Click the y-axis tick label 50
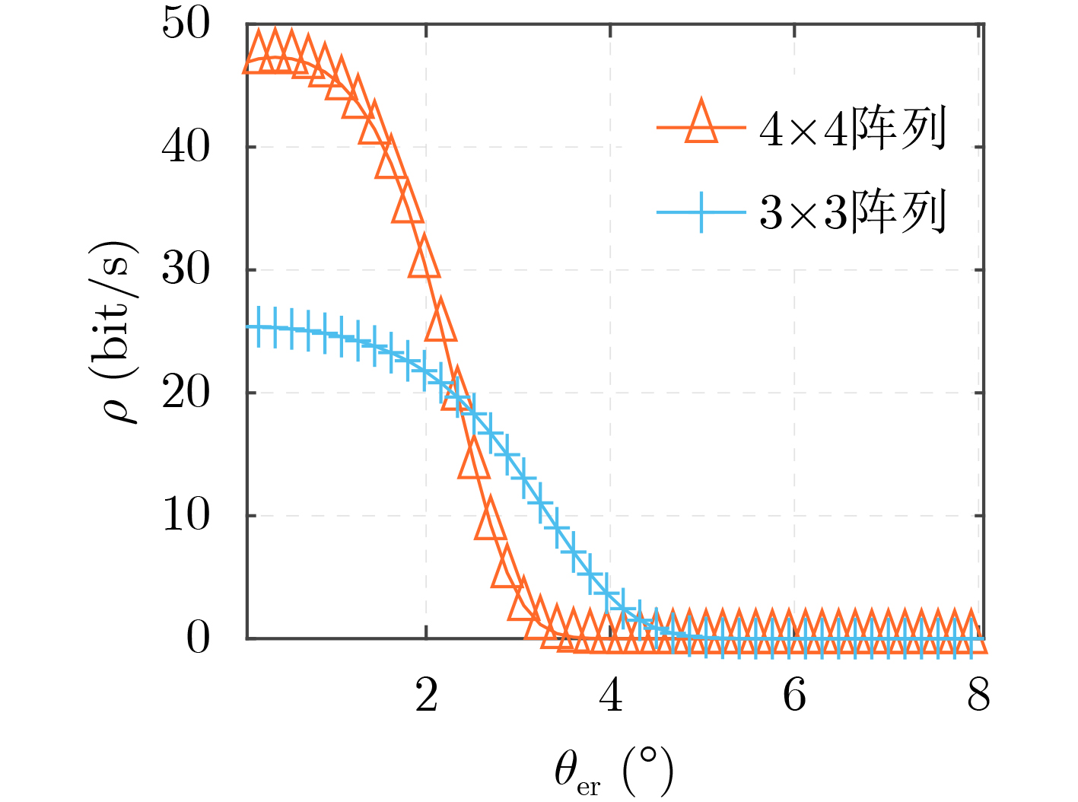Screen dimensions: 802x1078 [x=185, y=24]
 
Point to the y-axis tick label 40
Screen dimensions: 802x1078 [x=185, y=147]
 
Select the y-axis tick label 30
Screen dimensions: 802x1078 [x=185, y=270]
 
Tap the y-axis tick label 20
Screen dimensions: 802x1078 [x=185, y=393]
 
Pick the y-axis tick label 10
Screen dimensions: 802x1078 [x=185, y=516]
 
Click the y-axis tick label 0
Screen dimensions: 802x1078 [x=198, y=638]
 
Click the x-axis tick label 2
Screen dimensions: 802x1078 [x=427, y=695]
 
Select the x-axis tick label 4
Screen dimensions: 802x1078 [x=611, y=695]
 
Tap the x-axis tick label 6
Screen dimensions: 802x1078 [x=795, y=695]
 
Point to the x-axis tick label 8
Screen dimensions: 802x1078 [x=979, y=695]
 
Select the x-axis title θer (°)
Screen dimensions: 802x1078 [x=613, y=772]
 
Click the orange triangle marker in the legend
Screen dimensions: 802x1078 [x=701, y=123]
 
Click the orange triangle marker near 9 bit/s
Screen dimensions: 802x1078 [x=489, y=521]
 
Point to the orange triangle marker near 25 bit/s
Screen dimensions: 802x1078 [x=440, y=323]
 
